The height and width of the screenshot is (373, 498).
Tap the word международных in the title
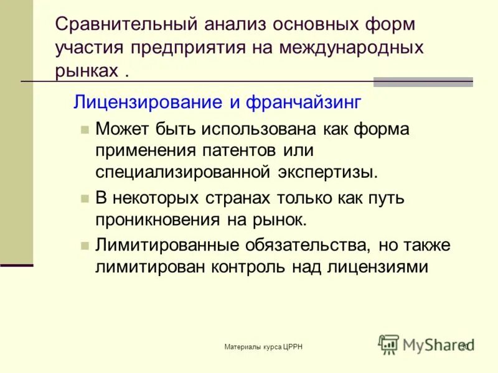pos(351,47)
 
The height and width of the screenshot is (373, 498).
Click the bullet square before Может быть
pos(85,130)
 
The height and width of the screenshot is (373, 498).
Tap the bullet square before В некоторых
pos(85,198)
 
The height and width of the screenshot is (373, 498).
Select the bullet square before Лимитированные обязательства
pos(85,244)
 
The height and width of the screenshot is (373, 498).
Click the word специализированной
pos(182,172)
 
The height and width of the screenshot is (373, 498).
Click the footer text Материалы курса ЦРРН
pos(263,346)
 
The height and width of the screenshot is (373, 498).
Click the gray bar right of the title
pos(423,81)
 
